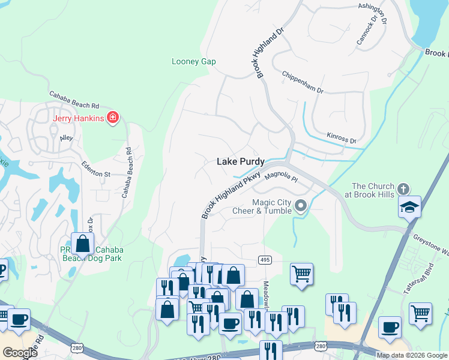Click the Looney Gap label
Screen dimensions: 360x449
pos(193,62)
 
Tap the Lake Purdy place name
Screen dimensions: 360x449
pos(240,162)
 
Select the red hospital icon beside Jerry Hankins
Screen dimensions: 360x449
pos(112,118)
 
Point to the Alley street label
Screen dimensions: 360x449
pos(66,138)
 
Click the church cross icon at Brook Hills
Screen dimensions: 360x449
pos(403,188)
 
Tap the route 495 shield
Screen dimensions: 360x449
pos(264,259)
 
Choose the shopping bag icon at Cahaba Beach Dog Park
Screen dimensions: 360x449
pos(83,244)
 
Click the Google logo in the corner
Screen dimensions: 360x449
pos(20,353)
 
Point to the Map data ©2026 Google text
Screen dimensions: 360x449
pos(411,355)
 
